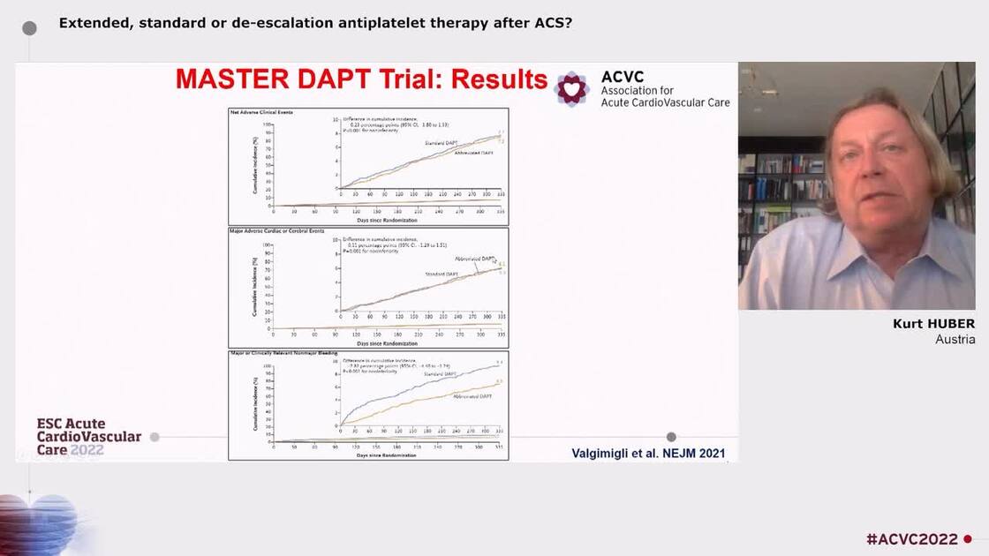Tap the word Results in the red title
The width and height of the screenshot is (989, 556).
500,79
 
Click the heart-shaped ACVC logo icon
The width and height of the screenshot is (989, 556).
572,88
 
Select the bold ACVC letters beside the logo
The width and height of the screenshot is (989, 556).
623,77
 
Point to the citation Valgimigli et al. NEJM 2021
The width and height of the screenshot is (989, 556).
649,454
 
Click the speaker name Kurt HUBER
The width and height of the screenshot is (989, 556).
933,324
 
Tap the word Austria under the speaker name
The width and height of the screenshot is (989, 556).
955,340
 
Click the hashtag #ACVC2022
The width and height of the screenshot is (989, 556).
911,539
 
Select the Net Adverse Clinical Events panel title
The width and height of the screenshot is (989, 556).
262,112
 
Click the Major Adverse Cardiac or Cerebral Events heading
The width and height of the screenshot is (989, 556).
276,230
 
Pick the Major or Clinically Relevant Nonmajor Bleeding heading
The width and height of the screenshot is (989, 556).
283,353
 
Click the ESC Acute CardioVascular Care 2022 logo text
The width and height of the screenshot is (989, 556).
88,436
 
